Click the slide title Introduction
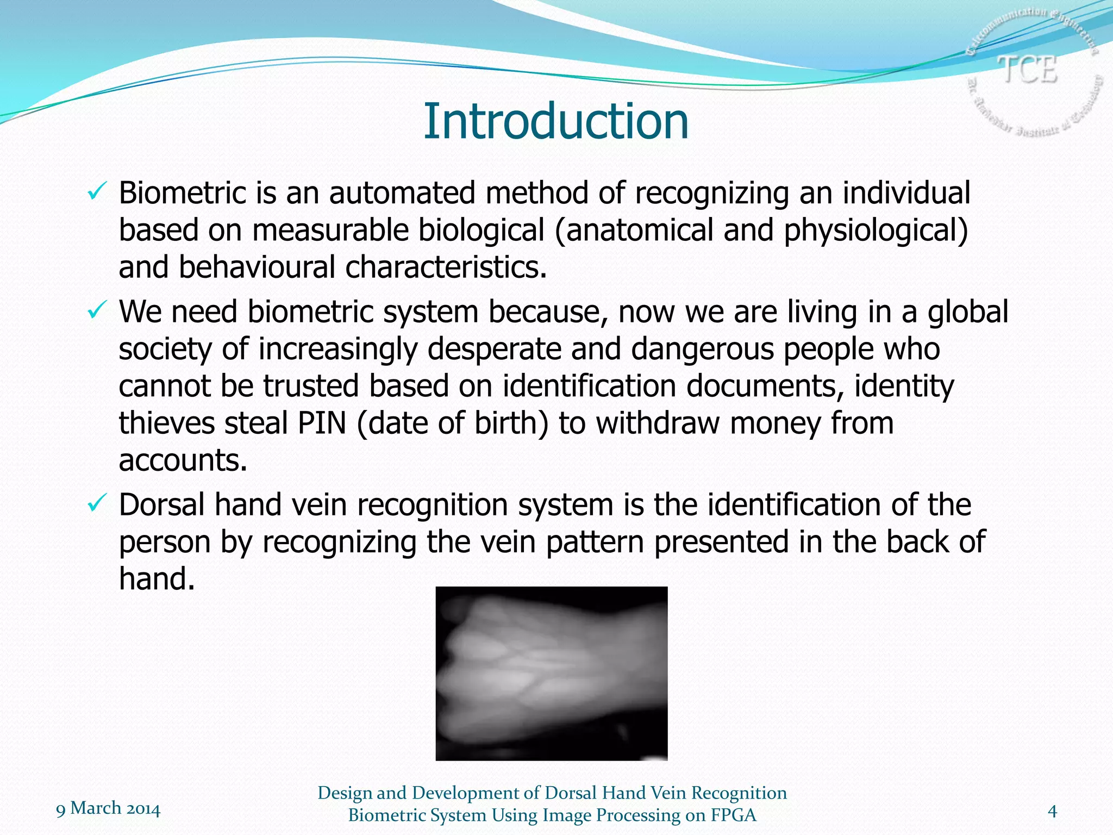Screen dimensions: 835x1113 (555, 121)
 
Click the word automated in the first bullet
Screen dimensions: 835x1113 (402, 193)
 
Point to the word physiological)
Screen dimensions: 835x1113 (876, 230)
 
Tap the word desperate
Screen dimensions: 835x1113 (494, 349)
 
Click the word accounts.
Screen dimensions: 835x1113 (183, 460)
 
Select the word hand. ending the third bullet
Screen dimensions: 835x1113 (157, 578)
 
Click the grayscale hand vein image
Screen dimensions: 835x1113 (551, 673)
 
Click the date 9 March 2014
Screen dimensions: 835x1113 (108, 808)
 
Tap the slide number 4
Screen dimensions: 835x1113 (1052, 812)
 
